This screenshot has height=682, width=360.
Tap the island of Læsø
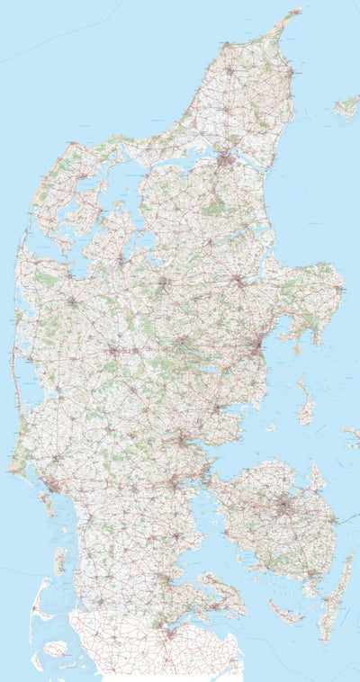click(x=346, y=107)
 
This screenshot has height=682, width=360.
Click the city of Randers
click(x=238, y=280)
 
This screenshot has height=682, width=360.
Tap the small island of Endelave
click(x=263, y=423)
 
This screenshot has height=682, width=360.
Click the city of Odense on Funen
click(x=285, y=508)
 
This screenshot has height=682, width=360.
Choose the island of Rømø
click(x=59, y=561)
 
